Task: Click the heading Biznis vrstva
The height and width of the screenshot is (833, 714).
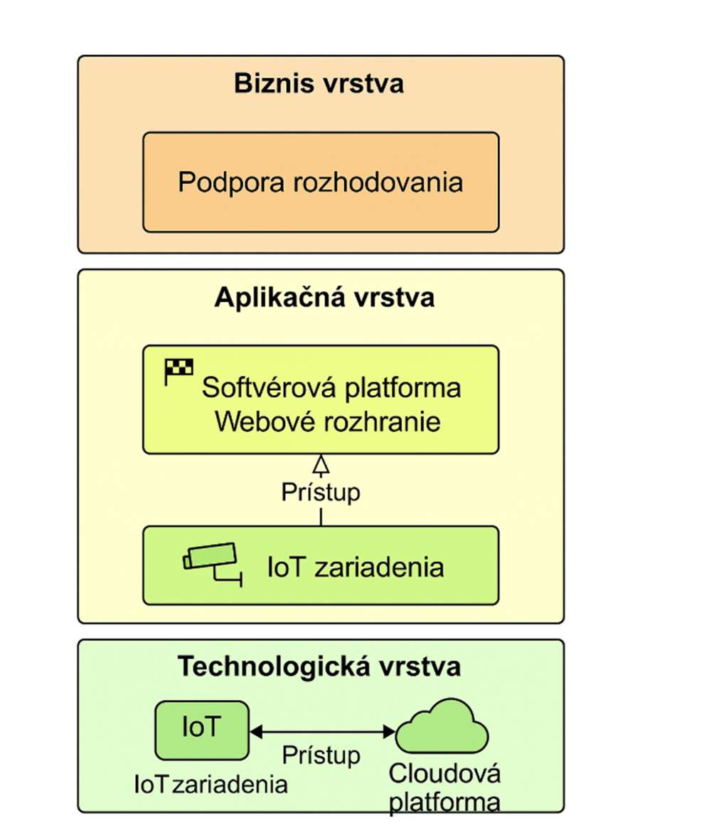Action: click(x=319, y=84)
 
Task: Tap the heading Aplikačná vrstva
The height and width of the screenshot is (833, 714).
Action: click(x=324, y=298)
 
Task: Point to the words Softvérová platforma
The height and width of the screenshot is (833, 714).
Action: click(x=331, y=389)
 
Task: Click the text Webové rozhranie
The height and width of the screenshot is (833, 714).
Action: click(x=327, y=421)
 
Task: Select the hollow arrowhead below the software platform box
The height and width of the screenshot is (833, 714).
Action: click(x=321, y=465)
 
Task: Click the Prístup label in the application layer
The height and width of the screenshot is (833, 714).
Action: click(x=321, y=492)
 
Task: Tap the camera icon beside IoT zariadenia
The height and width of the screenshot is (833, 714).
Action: click(x=211, y=562)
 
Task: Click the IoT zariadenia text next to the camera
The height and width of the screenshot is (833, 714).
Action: click(x=356, y=567)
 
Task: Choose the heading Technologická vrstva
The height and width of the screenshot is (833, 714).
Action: click(x=319, y=667)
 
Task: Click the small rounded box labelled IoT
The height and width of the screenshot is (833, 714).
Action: click(x=202, y=730)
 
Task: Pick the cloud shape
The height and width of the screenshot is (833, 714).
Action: click(x=442, y=726)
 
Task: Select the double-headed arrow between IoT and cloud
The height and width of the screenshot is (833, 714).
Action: click(x=322, y=731)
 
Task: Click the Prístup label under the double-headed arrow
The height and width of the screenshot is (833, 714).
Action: click(x=321, y=755)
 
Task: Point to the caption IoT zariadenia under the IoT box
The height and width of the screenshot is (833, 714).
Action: click(x=211, y=785)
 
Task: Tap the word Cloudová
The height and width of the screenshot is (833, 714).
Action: click(x=445, y=774)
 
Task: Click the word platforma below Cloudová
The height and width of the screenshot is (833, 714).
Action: click(x=445, y=802)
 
